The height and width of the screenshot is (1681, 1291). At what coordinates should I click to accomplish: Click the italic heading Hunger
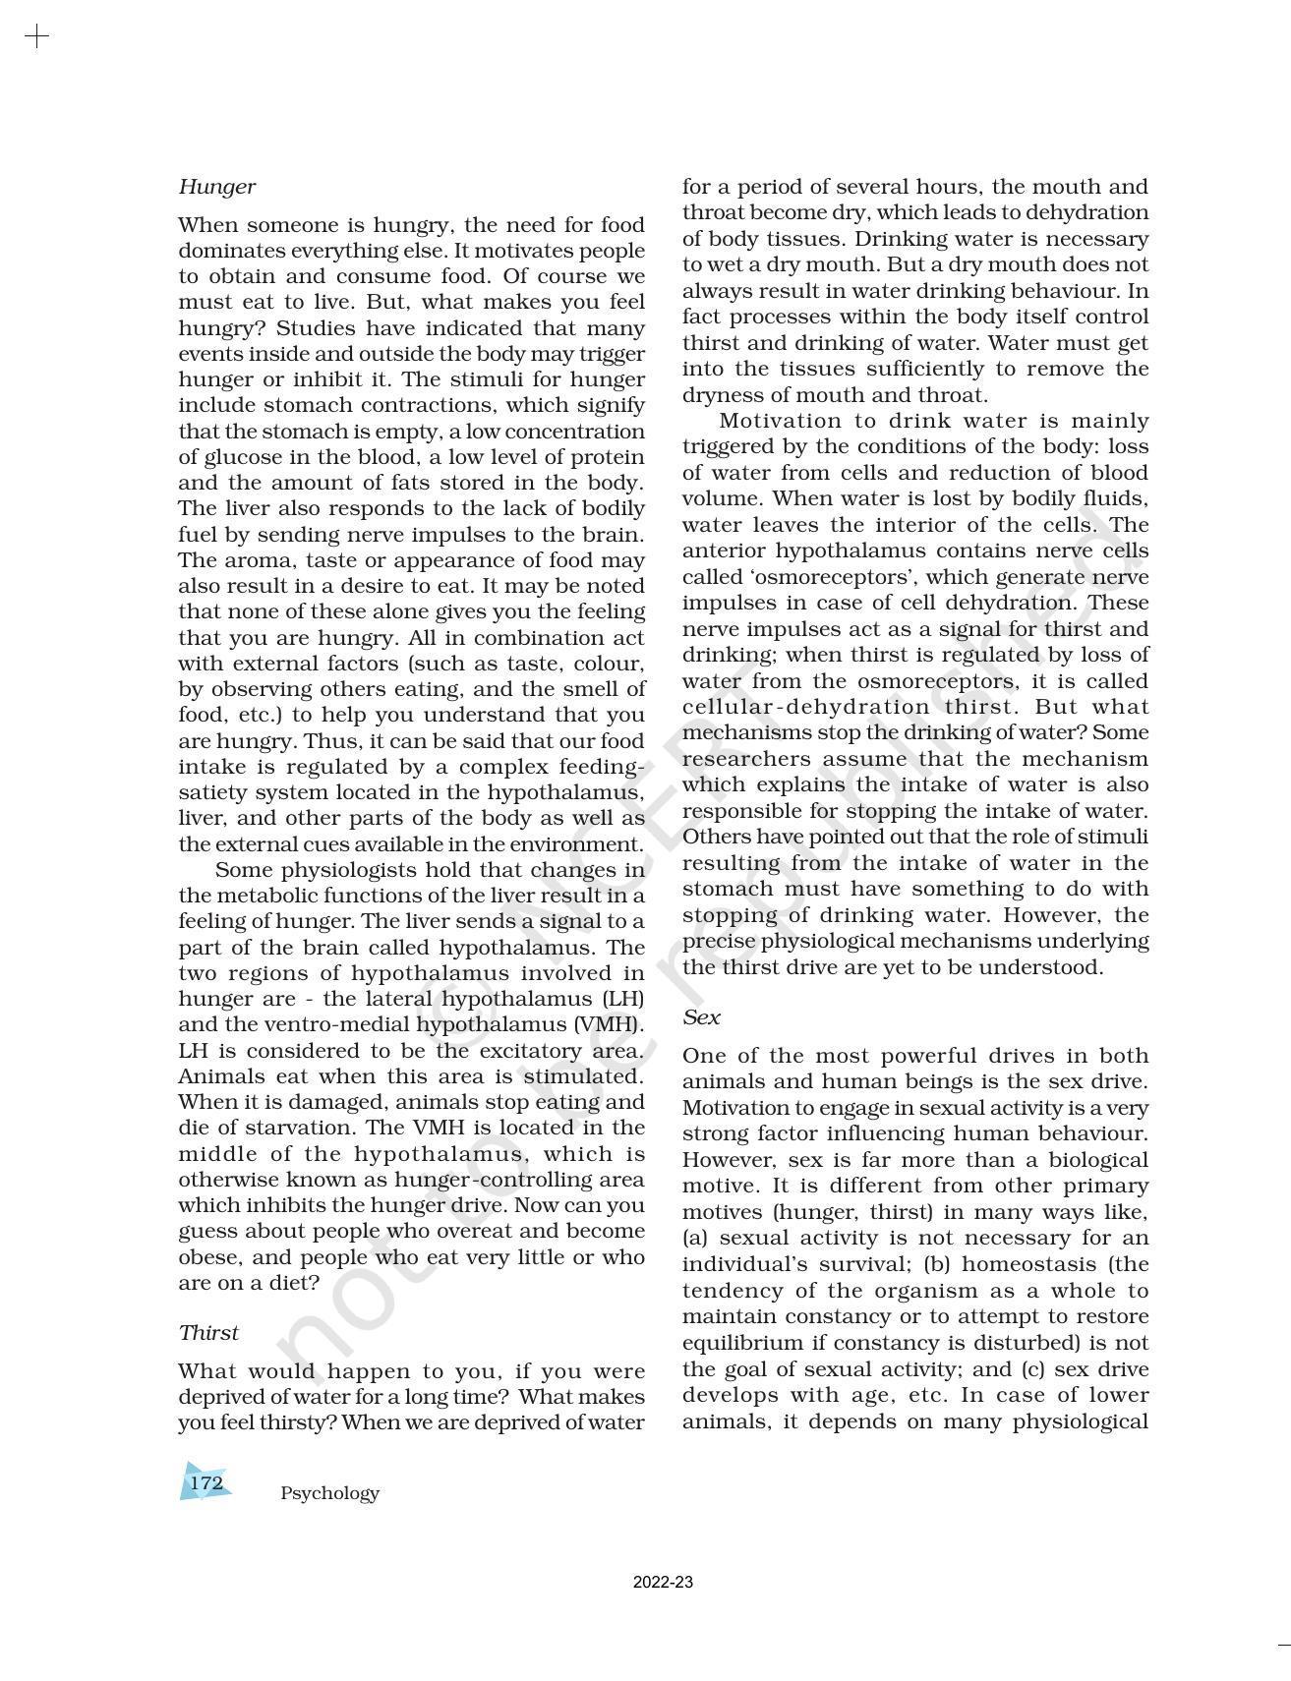216,187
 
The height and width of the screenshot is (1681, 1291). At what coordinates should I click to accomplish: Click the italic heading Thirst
208,1333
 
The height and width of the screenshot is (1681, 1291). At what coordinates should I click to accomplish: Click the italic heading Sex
701,1017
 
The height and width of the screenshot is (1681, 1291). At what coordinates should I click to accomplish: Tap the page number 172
205,1482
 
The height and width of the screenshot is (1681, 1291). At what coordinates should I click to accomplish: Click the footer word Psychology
329,1493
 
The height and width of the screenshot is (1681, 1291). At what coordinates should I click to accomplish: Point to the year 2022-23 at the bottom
662,1583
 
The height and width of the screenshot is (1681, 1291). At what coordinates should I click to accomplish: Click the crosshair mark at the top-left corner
36,37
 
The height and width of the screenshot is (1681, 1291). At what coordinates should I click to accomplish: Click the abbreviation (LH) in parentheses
622,999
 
